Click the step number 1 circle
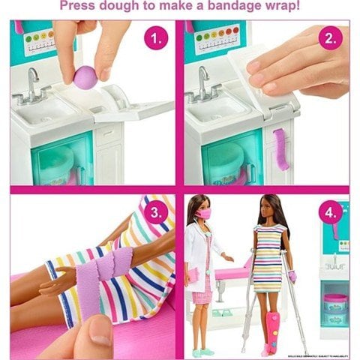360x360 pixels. click(155, 39)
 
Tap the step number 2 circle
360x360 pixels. click(330, 39)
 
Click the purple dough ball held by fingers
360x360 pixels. click(85, 76)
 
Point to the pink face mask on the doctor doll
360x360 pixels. click(203, 214)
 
